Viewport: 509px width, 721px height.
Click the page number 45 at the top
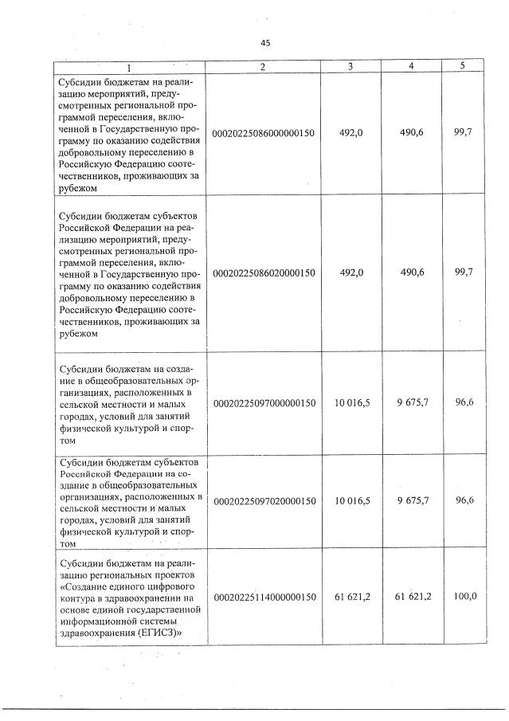coord(265,44)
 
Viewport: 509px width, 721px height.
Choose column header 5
coord(463,65)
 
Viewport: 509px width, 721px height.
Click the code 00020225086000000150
coord(264,133)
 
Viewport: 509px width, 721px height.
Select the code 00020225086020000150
coord(264,272)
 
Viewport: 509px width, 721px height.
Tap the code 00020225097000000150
coord(264,403)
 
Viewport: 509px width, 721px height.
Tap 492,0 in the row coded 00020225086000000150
coord(351,133)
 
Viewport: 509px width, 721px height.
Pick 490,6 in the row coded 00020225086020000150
coord(412,272)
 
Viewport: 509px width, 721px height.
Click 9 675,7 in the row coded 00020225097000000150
coord(412,402)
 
